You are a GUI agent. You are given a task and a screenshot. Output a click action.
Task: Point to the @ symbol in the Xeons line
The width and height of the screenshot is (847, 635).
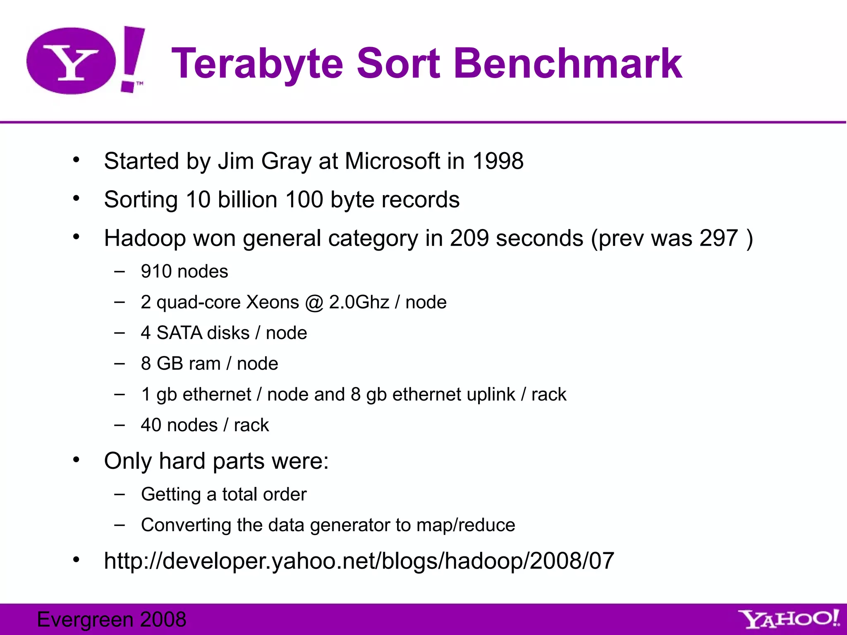pos(314,303)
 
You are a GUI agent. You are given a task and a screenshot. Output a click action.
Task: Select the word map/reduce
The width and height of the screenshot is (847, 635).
pos(466,525)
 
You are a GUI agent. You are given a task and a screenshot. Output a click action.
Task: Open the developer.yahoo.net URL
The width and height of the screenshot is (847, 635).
pos(359,561)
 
